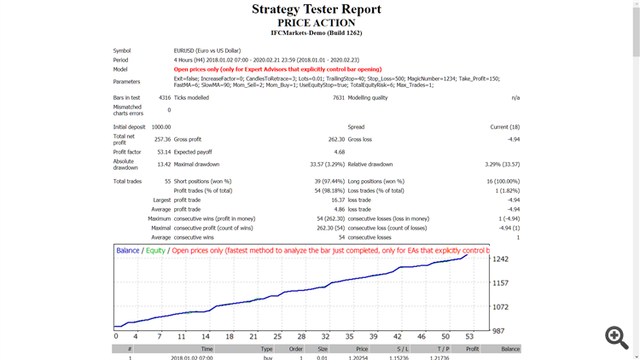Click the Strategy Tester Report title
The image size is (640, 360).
(317, 9)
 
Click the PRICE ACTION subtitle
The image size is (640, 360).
(317, 23)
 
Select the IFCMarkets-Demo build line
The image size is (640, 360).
(317, 33)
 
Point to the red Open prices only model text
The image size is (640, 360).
(277, 69)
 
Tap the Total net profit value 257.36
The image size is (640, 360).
(161, 139)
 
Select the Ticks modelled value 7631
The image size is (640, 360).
(339, 98)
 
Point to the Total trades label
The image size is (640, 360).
(127, 181)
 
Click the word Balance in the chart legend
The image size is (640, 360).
(128, 251)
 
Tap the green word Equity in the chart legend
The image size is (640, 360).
(155, 251)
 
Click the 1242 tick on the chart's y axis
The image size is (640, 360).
(501, 259)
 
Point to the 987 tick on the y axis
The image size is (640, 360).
(499, 330)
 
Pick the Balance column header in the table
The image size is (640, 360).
(510, 349)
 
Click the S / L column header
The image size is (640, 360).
(403, 349)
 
